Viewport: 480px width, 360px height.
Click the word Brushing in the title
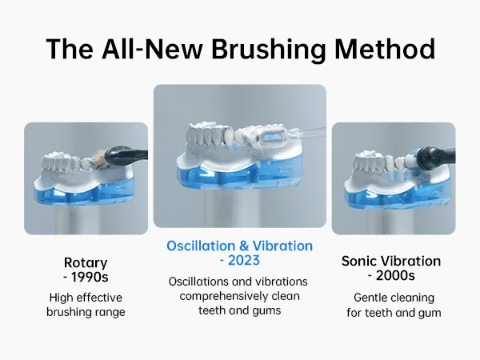click(269, 50)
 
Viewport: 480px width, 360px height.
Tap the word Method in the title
click(385, 49)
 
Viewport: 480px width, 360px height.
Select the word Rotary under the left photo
click(86, 263)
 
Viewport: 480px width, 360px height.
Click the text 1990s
click(90, 277)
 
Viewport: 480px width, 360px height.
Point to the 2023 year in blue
click(244, 261)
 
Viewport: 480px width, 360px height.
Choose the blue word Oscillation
click(201, 246)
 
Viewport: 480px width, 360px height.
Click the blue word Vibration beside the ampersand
click(282, 246)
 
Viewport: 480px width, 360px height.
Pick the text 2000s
click(395, 275)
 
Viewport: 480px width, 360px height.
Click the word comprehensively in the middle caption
click(219, 297)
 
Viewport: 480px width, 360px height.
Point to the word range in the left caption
click(112, 312)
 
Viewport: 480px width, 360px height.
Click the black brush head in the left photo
click(122, 156)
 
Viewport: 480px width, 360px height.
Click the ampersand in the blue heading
click(244, 246)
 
